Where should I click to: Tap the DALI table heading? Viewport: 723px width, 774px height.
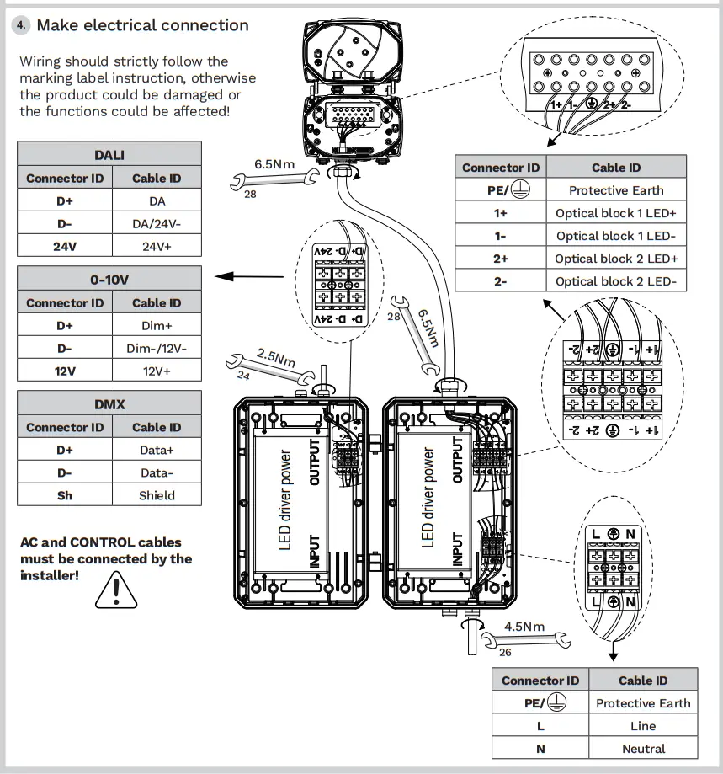click(109, 154)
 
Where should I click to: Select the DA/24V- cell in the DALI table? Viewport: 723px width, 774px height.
click(157, 224)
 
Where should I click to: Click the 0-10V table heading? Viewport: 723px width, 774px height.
click(109, 280)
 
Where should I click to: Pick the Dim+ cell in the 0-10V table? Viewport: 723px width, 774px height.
click(157, 325)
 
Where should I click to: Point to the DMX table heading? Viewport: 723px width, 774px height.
click(109, 404)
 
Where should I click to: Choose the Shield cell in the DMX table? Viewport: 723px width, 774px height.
click(157, 495)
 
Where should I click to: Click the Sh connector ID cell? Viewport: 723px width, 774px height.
click(65, 495)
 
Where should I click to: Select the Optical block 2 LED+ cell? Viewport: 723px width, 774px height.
click(615, 259)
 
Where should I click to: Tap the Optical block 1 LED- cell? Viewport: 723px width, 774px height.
click(615, 236)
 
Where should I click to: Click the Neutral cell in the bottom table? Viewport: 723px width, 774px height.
click(643, 748)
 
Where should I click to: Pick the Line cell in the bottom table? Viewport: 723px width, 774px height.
click(643, 725)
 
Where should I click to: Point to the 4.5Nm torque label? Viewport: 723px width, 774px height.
click(524, 627)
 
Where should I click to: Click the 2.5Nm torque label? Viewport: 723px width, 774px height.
click(276, 356)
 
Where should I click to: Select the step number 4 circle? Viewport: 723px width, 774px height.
click(21, 25)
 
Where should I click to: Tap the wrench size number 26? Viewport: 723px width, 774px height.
click(505, 651)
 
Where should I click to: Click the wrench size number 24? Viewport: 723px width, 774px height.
click(243, 376)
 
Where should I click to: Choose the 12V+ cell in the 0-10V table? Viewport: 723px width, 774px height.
click(157, 371)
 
